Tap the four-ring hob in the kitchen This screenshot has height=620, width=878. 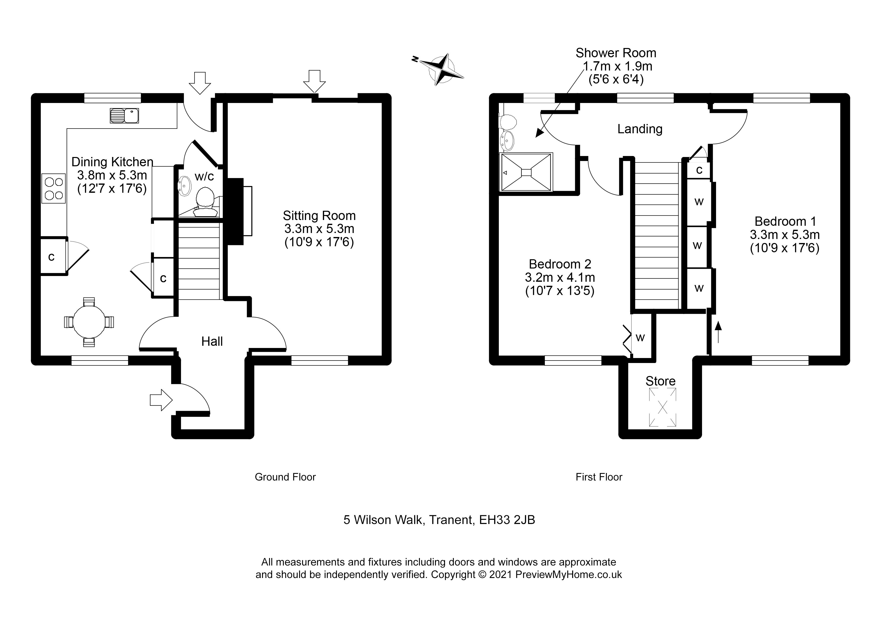54,189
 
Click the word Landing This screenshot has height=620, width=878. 640,129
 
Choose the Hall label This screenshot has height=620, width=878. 212,341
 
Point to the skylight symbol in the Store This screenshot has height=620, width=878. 662,407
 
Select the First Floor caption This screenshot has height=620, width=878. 599,477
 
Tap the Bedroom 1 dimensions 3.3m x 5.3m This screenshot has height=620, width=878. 784,234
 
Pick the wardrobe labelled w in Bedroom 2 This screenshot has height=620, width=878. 640,337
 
